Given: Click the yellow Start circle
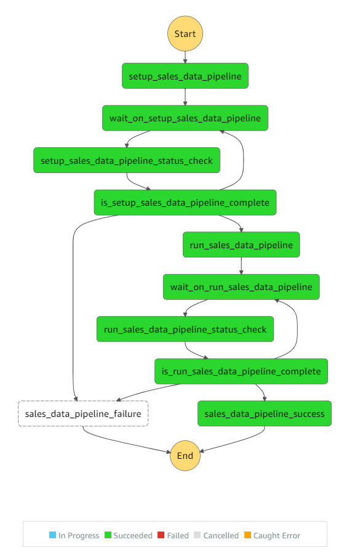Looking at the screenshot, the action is (x=185, y=33).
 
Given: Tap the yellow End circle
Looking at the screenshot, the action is (x=185, y=456).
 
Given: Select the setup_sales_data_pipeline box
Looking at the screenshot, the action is (x=185, y=76).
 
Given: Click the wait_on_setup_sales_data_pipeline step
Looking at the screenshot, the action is (x=185, y=118).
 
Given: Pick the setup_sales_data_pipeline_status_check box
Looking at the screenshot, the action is (x=127, y=160).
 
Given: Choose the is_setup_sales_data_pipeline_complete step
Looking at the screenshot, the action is (x=185, y=203).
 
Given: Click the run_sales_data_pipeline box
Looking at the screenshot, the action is (x=241, y=245).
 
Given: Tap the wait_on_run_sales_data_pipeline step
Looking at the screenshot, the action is (x=241, y=287).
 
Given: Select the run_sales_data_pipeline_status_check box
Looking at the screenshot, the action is (x=185, y=329).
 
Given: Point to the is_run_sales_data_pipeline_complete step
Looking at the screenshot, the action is (x=241, y=371).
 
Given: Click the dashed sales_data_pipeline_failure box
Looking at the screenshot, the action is (x=83, y=413).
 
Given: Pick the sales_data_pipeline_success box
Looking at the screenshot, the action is (x=265, y=413).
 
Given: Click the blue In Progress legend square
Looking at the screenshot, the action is (x=53, y=535).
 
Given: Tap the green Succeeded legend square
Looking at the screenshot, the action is (x=108, y=535).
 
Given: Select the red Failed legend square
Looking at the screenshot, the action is (x=161, y=535).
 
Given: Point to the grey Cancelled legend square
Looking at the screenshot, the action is (x=198, y=535).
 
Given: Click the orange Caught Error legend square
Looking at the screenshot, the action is (x=247, y=535).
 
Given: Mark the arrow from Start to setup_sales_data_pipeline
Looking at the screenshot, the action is (x=185, y=57).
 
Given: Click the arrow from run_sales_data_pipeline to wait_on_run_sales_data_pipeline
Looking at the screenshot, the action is (x=241, y=266).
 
